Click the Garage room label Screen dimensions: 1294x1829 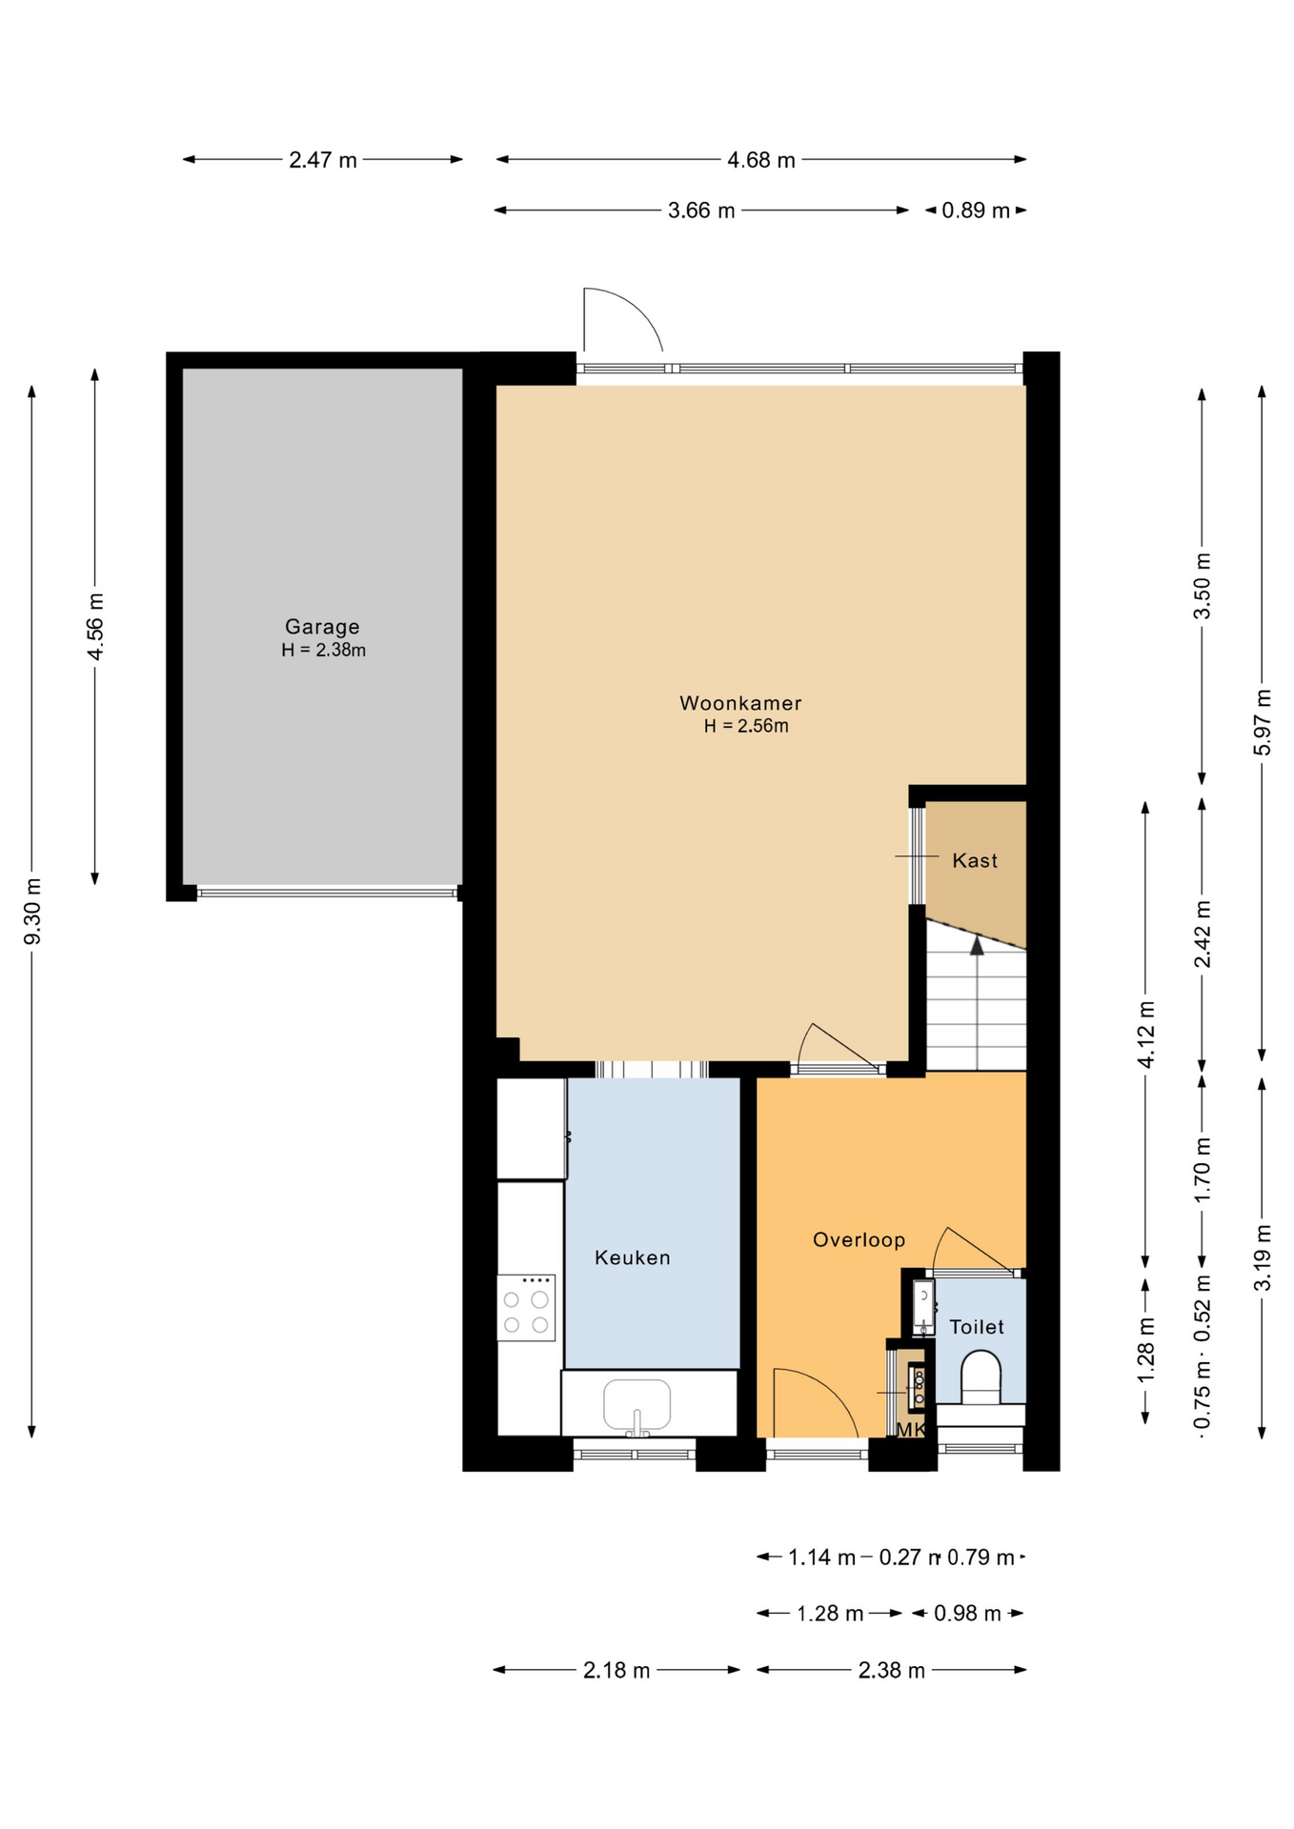coord(322,627)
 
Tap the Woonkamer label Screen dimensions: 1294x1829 coord(740,703)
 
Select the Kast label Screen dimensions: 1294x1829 coord(975,860)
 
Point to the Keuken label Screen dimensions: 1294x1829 coord(633,1257)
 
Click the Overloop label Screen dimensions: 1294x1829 coord(859,1239)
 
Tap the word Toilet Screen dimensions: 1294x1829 coord(977,1326)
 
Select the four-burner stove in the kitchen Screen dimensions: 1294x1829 coord(526,1307)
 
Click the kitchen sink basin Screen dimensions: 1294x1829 coord(637,1403)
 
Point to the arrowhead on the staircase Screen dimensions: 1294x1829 coord(977,944)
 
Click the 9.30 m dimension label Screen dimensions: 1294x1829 coord(32,913)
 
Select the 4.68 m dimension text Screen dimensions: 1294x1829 coord(761,160)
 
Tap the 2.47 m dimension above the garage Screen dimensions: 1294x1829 coord(323,160)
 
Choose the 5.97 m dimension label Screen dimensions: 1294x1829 coord(1262,722)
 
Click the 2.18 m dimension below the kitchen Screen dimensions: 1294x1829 coord(617,1670)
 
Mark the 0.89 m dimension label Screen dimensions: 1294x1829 coord(976,211)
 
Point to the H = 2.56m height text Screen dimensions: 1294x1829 coord(746,726)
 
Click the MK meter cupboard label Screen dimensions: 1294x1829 coord(911,1430)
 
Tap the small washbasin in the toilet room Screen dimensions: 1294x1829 coord(922,1306)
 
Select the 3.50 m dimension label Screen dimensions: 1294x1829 coord(1203,586)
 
